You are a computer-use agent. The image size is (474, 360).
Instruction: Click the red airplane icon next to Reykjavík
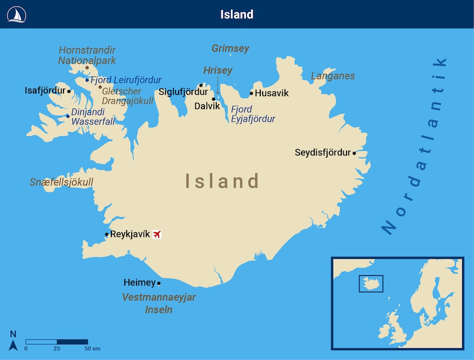(x=157, y=234)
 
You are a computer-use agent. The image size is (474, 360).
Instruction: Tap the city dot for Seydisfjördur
(x=354, y=153)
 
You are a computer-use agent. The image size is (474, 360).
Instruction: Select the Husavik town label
(x=272, y=93)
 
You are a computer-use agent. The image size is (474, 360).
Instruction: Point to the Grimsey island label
(x=230, y=48)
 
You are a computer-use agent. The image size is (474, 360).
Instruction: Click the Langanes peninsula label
(x=333, y=76)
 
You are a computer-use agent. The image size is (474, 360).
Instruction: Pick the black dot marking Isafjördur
(x=69, y=91)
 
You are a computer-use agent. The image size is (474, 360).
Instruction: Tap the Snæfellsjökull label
(x=61, y=182)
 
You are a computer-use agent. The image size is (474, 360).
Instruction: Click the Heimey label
(x=139, y=283)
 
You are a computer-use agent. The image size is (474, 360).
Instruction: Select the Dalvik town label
(x=207, y=106)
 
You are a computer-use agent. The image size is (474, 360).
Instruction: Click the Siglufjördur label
(x=183, y=92)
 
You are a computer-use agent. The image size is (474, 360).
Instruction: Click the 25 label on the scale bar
(x=57, y=349)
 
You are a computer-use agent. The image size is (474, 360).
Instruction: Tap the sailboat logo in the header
(x=17, y=15)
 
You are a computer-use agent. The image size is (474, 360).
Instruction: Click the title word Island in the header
(x=237, y=15)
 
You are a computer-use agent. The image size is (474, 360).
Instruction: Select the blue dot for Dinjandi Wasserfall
(x=68, y=116)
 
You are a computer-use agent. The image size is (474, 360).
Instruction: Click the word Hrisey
(x=218, y=71)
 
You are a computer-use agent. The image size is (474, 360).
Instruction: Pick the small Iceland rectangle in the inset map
(x=371, y=283)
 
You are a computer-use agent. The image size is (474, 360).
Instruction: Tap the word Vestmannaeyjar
(x=159, y=297)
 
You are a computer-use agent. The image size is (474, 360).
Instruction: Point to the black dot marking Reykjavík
(x=107, y=234)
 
